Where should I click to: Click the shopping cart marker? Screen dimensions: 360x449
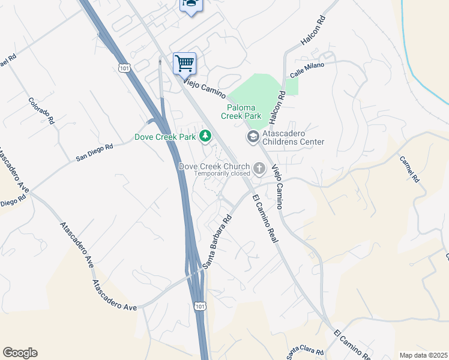coord(184,62)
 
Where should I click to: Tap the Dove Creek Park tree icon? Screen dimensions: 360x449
coord(206,137)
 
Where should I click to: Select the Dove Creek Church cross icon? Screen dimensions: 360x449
coord(259,169)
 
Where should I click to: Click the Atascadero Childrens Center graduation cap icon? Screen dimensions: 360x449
coord(253,137)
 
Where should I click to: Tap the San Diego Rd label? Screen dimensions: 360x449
coord(94,152)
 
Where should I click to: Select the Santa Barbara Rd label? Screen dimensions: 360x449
coord(217,242)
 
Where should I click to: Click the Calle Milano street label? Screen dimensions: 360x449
coord(307,69)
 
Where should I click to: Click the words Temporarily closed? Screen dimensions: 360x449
coord(221,173)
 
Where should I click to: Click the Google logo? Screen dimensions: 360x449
coord(20,353)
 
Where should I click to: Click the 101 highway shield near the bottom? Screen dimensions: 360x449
coord(200,307)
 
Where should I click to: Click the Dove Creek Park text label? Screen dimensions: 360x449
coord(166,137)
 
